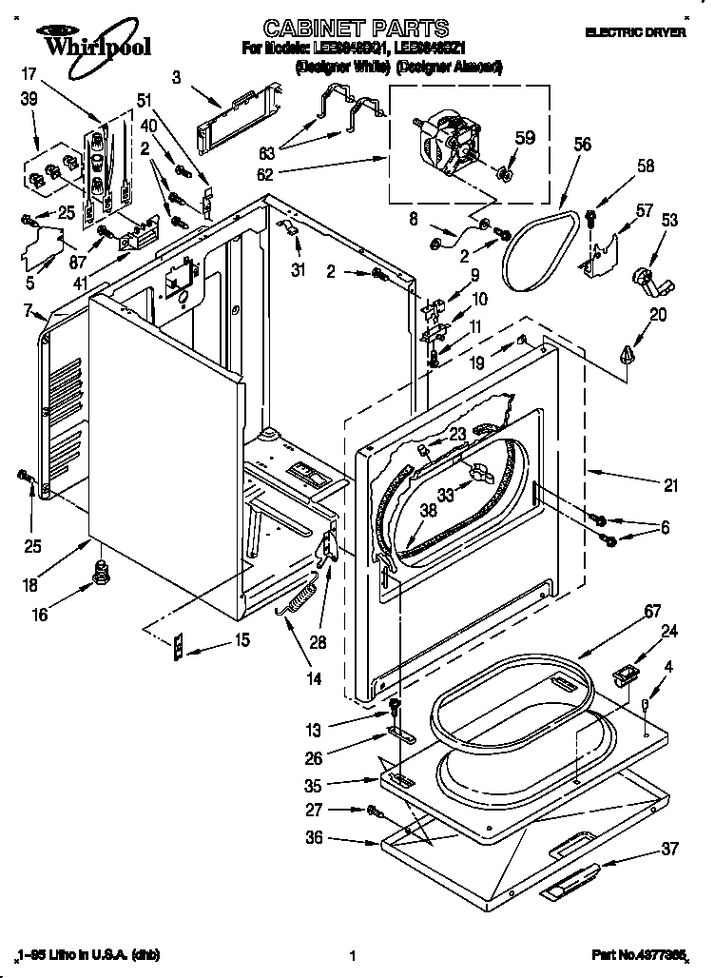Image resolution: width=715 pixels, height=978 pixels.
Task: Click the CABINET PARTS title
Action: coord(342,28)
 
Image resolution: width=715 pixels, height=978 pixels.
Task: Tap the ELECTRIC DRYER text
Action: coord(634,32)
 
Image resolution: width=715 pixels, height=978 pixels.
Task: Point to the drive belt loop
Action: coord(539,250)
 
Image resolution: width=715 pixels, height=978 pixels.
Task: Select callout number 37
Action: coord(669,848)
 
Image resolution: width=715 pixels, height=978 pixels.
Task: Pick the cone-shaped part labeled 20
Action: coord(626,355)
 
